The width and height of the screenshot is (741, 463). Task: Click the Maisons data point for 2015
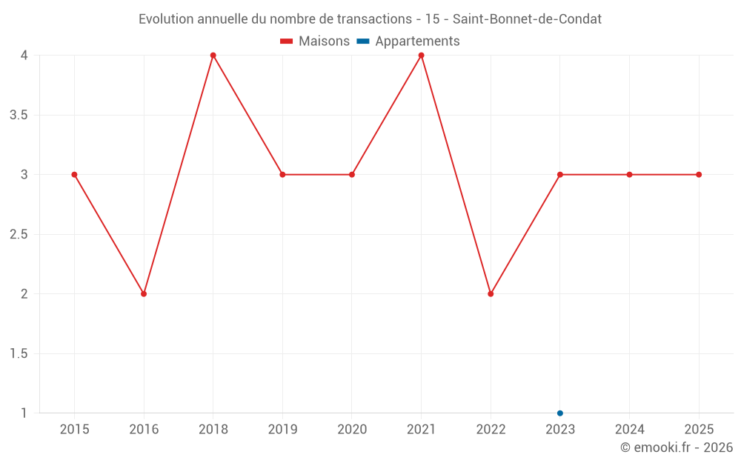click(74, 175)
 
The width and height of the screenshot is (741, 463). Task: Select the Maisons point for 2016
click(144, 294)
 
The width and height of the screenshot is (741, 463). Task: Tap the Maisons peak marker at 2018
click(213, 56)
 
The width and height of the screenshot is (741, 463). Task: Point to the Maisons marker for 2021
click(421, 56)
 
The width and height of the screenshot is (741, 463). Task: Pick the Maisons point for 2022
click(491, 294)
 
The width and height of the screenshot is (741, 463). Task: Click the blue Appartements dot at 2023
click(560, 413)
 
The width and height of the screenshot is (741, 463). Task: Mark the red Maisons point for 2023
click(560, 175)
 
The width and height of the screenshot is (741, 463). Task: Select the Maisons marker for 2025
click(699, 175)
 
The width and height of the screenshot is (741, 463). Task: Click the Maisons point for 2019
click(282, 175)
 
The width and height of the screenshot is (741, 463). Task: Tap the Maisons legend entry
click(315, 41)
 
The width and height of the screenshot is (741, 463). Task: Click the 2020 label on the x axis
click(352, 430)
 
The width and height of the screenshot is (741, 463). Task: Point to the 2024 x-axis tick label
click(629, 430)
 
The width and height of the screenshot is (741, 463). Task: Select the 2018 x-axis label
click(213, 430)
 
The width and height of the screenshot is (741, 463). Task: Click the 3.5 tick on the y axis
click(19, 116)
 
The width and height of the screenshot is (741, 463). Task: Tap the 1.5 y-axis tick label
click(19, 354)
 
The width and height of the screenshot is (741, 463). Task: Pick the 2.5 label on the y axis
click(19, 235)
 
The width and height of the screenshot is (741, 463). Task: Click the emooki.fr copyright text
click(677, 447)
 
